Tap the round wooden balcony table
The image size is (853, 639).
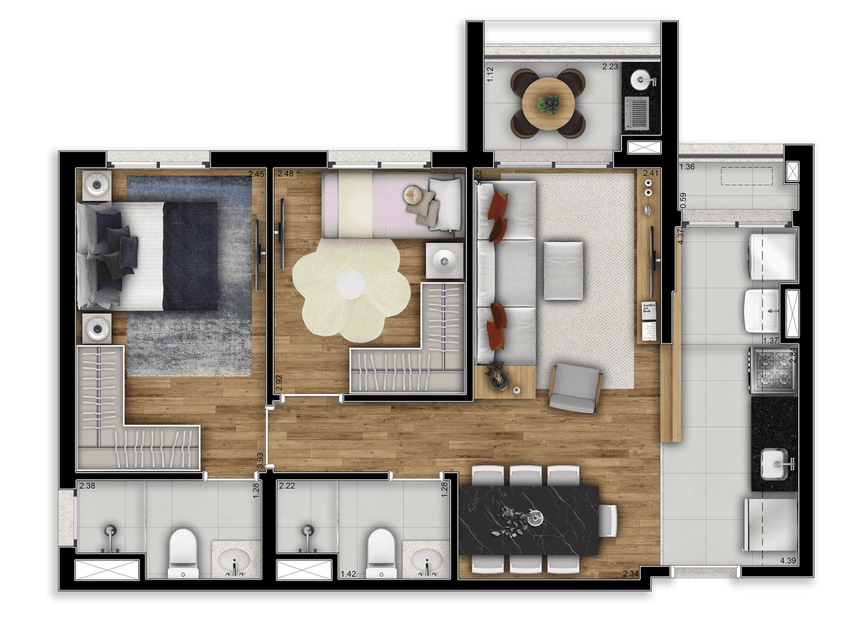[549, 103]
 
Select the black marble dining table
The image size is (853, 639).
[530, 520]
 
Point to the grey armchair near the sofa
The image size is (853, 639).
[575, 387]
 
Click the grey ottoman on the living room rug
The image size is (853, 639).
[563, 270]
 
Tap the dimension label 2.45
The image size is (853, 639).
[256, 174]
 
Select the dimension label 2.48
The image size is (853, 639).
[286, 174]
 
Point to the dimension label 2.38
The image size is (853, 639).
[87, 486]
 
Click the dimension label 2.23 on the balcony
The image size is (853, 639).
[611, 67]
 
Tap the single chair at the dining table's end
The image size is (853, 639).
[608, 520]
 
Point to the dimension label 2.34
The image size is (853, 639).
[630, 574]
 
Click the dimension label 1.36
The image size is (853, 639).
[687, 168]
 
